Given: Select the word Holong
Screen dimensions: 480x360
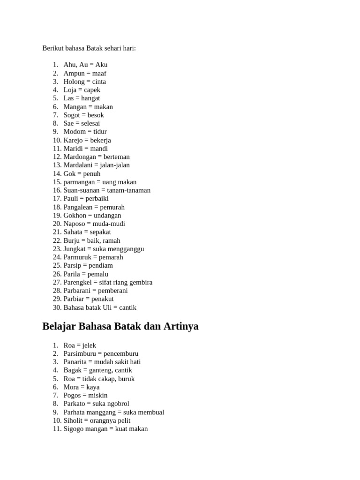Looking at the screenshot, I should point(74,82).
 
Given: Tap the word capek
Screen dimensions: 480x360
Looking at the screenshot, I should point(92,90).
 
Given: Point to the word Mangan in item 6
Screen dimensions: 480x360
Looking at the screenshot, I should point(75,107).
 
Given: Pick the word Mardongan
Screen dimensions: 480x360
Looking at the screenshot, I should point(80,157).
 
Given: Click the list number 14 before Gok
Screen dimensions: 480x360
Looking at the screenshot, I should point(57,174).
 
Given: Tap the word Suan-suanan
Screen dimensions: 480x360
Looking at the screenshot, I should point(81,190).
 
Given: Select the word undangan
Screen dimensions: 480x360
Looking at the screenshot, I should point(107,216).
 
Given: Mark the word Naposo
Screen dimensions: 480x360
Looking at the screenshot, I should point(75,224).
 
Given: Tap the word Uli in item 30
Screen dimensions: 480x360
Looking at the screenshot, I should point(109,308).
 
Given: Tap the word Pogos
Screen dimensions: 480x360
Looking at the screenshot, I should point(73,396).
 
